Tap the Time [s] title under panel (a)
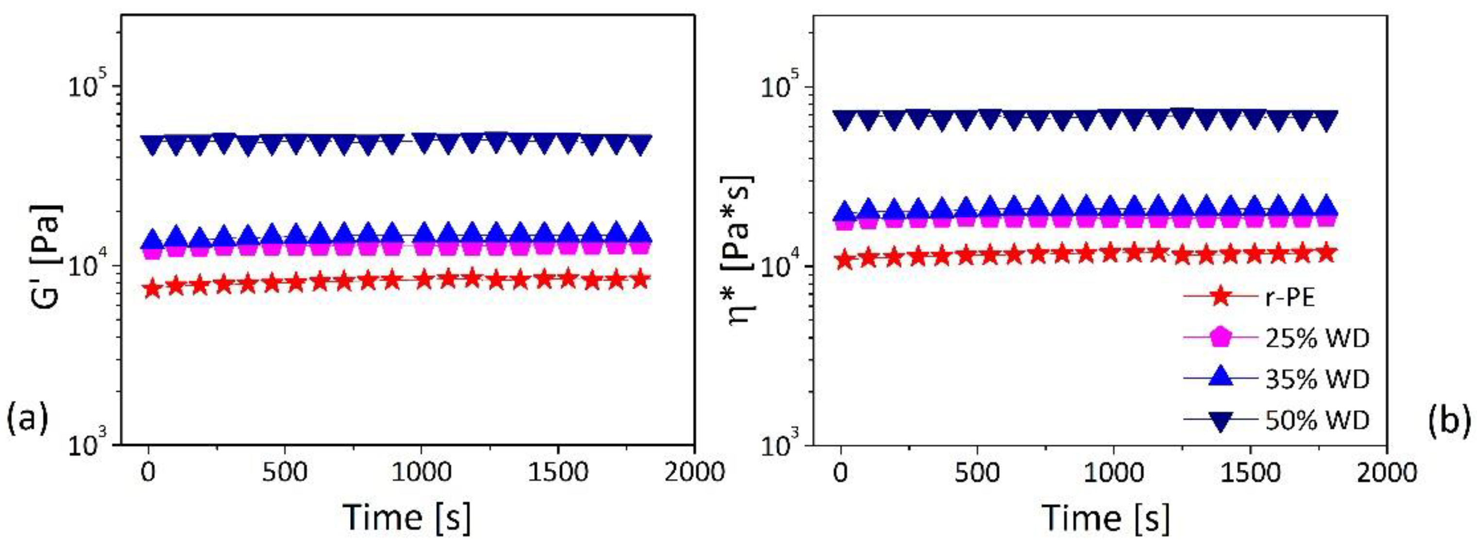click(406, 516)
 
